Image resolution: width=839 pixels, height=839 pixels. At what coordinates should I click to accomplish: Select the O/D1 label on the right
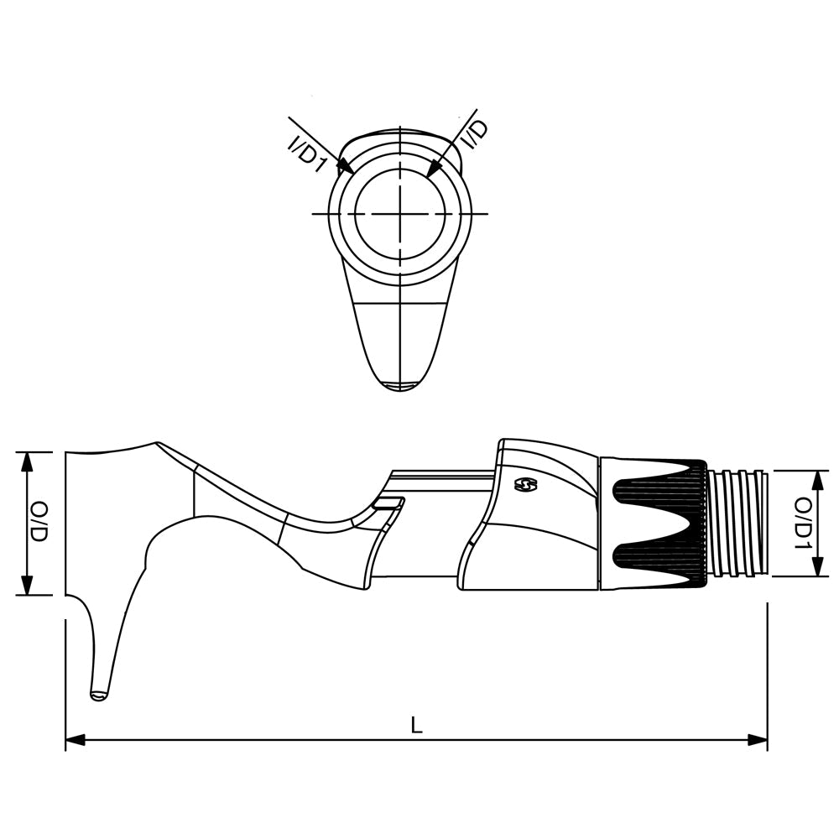coord(803,523)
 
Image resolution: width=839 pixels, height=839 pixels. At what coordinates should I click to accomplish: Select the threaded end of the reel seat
coord(737,523)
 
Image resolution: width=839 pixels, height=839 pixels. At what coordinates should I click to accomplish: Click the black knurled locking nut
coord(659,523)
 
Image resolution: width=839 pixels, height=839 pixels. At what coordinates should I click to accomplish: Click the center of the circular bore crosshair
coord(400,214)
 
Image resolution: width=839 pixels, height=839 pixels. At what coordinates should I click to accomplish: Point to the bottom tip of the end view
coord(400,388)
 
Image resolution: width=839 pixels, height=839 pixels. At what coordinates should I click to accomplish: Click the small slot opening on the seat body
coord(388,503)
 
